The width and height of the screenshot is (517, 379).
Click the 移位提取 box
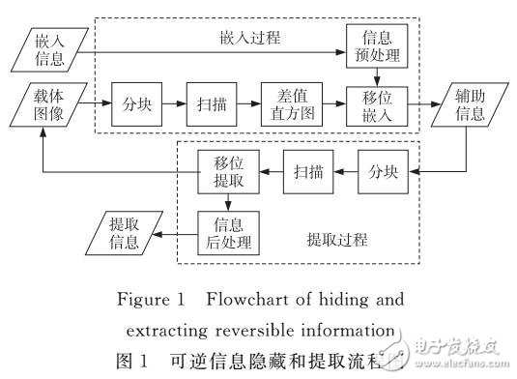(221, 171)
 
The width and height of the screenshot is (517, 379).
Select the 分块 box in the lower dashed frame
(380, 171)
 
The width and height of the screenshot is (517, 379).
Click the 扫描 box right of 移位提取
(302, 171)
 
